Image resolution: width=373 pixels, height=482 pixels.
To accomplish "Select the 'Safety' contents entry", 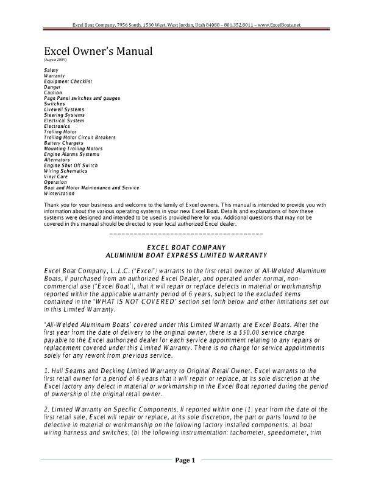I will point(51,71).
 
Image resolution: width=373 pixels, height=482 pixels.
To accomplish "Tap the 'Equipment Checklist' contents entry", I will point(68,82).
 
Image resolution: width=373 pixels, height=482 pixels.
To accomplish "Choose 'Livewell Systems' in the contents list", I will point(65,110).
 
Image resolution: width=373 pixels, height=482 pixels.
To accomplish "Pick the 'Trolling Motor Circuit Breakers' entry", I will point(80,138).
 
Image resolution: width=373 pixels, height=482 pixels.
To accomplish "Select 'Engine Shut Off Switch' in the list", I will point(71,166).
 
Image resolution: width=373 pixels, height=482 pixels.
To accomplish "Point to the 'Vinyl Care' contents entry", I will point(57,176).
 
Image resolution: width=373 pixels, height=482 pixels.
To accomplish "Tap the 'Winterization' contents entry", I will point(60,194).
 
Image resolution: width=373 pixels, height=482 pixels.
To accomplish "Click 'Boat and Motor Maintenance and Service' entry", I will point(91,188).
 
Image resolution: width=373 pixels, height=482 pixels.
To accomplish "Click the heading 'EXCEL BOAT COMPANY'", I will point(187,247).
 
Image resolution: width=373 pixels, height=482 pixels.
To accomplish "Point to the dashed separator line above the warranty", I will point(187,234).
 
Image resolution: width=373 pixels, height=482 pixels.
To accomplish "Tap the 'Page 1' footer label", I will point(185,461).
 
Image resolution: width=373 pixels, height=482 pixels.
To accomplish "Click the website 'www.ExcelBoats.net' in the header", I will point(279,25).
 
